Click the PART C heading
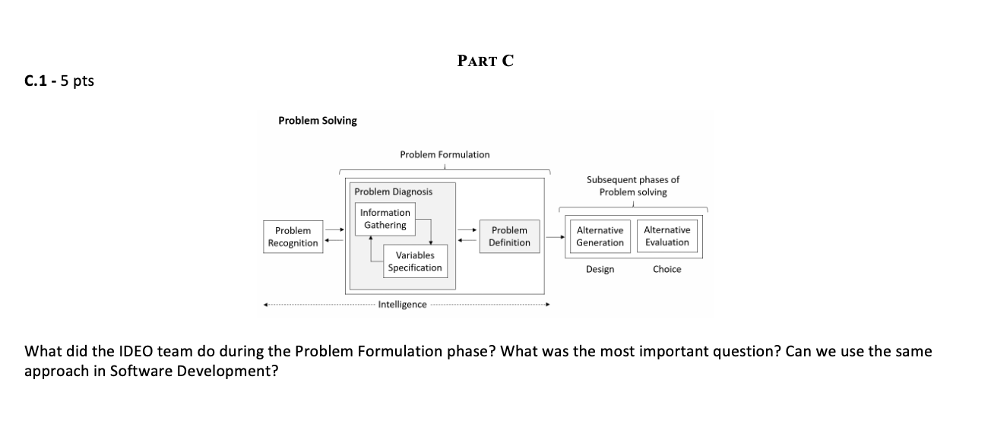pyautogui.click(x=486, y=62)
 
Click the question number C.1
pyautogui.click(x=37, y=81)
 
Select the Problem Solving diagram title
pyautogui.click(x=317, y=121)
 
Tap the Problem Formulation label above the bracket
pyautogui.click(x=445, y=154)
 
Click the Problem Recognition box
pyautogui.click(x=293, y=236)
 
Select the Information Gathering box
pyautogui.click(x=385, y=219)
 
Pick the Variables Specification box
pyautogui.click(x=414, y=261)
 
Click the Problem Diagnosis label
pyautogui.click(x=393, y=191)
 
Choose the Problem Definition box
pyautogui.click(x=509, y=236)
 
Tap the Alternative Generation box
pyautogui.click(x=600, y=236)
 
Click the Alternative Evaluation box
pyautogui.click(x=666, y=236)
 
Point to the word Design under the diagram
pyautogui.click(x=600, y=269)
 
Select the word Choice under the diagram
pyautogui.click(x=666, y=269)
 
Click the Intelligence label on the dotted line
pyautogui.click(x=402, y=305)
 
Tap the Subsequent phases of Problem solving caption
pyautogui.click(x=632, y=186)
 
